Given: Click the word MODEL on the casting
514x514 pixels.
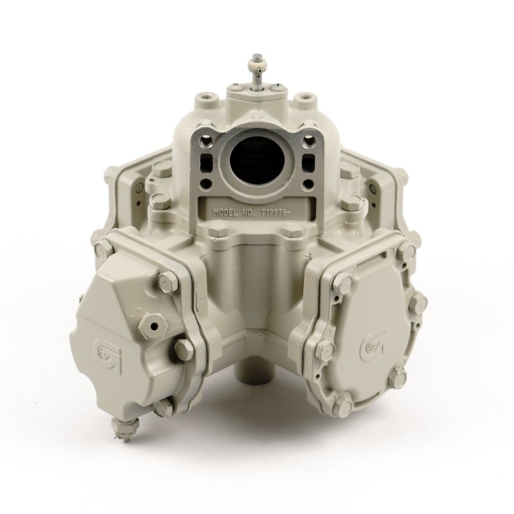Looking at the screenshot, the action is click(226, 212).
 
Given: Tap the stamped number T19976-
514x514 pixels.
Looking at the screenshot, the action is click(275, 213).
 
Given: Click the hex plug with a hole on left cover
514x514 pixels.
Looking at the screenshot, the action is click(152, 326).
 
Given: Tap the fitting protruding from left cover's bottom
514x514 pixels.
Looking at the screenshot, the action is click(125, 429).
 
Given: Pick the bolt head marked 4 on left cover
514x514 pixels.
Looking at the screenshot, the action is click(168, 281).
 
